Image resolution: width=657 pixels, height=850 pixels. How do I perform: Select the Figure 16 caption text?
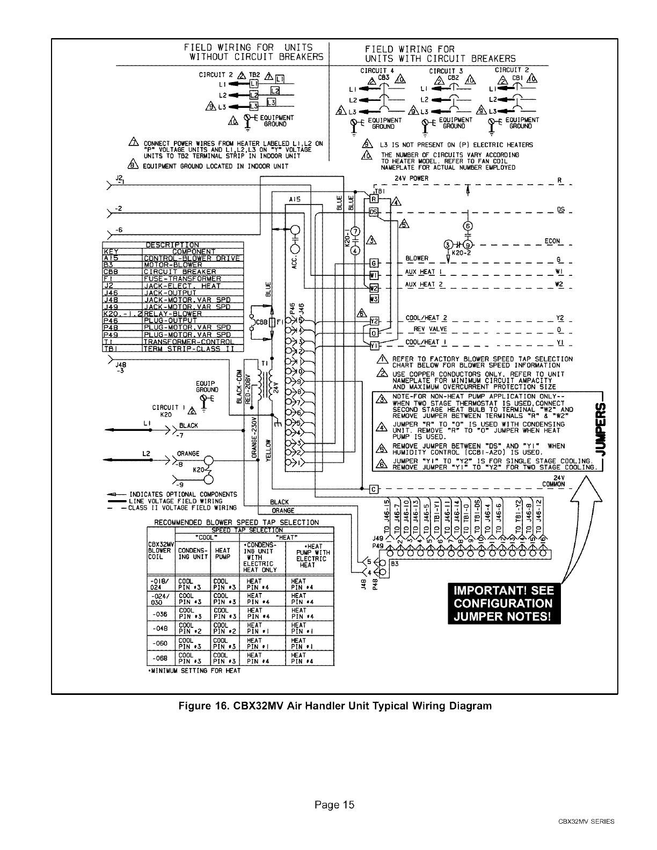[335, 706]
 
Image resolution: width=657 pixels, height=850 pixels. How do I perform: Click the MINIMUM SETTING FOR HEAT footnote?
[193, 671]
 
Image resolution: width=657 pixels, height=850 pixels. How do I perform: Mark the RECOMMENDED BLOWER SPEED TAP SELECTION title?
[236, 522]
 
